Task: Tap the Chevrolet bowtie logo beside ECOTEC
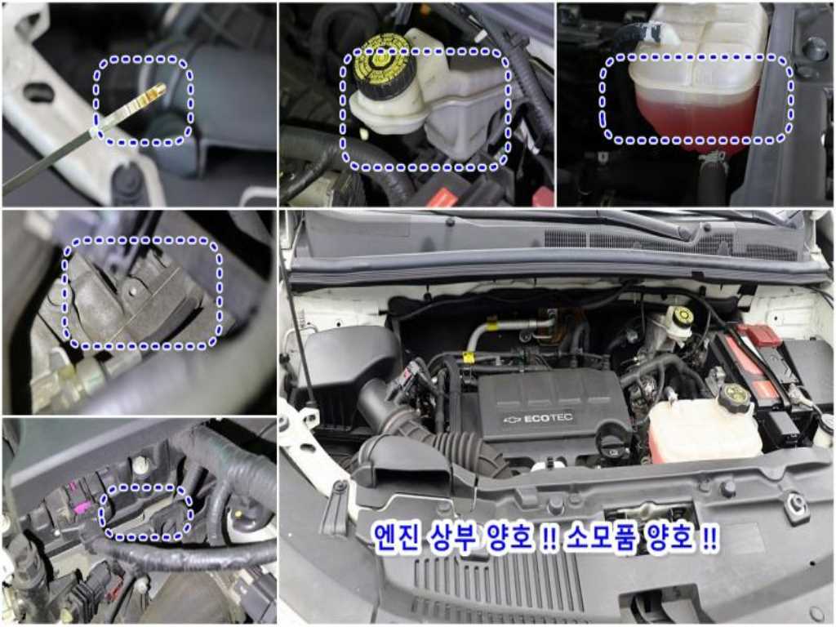[513, 420]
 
